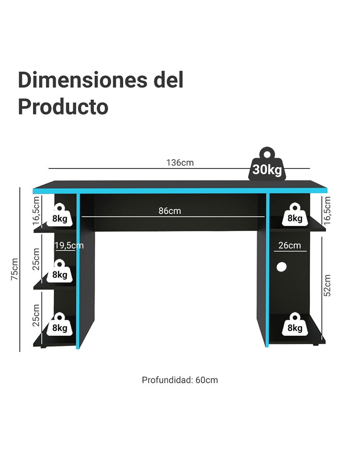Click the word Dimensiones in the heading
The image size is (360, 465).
83,80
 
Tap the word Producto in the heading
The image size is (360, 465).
63,106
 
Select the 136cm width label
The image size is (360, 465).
180,163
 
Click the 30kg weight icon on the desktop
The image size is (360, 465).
267,164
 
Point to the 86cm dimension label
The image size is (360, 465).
170,211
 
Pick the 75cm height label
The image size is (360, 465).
15,269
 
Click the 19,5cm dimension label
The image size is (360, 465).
69,245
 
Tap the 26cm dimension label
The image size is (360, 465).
290,245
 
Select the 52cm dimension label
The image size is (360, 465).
327,285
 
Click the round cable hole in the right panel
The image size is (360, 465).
281,267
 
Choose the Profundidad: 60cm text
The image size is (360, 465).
180,380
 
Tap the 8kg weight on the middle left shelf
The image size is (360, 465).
60,271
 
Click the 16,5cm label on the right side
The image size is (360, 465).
327,211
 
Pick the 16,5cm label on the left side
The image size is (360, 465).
36,211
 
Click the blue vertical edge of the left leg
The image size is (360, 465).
78,271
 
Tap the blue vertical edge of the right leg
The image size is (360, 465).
267,270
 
